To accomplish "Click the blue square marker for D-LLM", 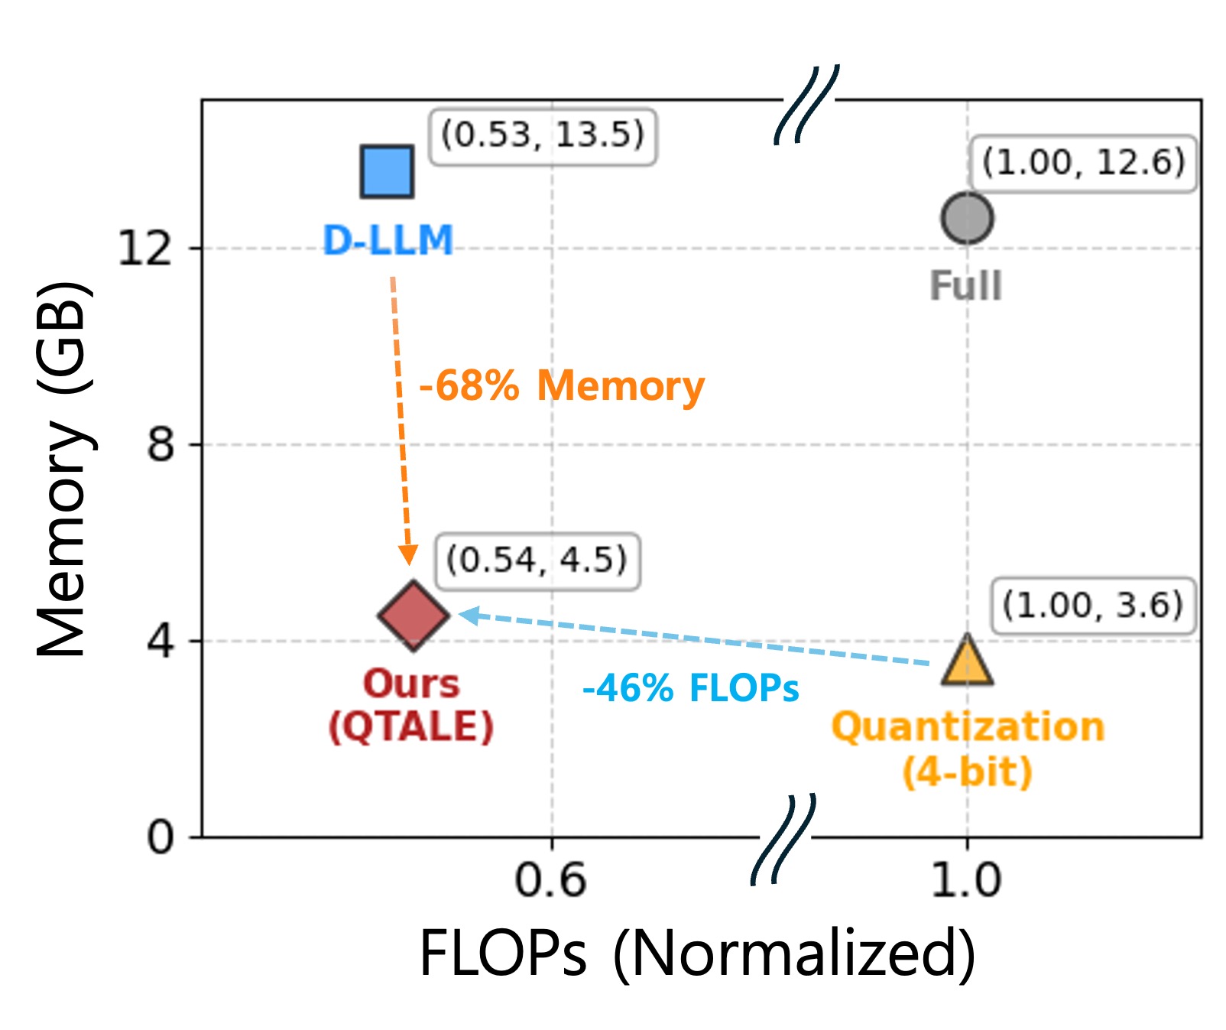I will click(x=387, y=171).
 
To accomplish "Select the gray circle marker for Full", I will click(x=967, y=218).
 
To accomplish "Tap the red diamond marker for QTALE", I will click(x=414, y=615).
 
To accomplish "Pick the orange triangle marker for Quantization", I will click(x=967, y=661).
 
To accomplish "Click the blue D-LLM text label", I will click(x=388, y=240).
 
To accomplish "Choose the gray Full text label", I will click(x=965, y=287).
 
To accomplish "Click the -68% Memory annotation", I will click(x=562, y=385).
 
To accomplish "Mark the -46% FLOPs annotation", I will click(x=690, y=687).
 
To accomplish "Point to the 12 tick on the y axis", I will click(x=145, y=249).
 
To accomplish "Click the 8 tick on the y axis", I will click(x=161, y=444).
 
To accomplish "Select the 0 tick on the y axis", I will click(x=161, y=837).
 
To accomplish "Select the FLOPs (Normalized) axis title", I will click(x=697, y=953).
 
